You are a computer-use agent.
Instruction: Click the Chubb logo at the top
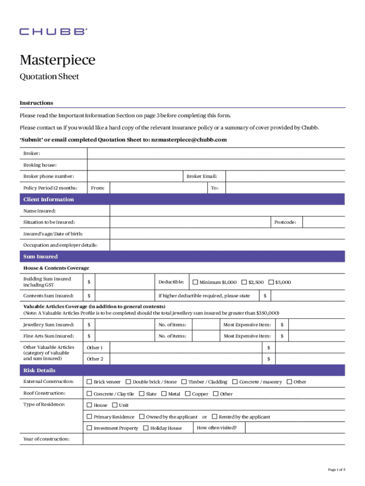pos(53,32)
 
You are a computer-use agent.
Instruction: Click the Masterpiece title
pos(57,60)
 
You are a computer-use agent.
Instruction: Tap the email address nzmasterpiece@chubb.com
pos(189,140)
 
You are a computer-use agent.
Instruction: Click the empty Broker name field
pos(216,153)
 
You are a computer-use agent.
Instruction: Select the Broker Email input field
pos(284,177)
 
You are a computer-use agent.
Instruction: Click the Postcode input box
pos(323,222)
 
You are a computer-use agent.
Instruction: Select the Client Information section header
pos(49,199)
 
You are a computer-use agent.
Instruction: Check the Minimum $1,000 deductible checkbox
pos(195,282)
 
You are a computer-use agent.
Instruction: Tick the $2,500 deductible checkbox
pos(244,282)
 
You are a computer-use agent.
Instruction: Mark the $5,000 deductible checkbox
pos(271,282)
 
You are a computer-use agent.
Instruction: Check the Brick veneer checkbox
pos(89,382)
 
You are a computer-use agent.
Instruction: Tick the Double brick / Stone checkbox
pos(128,382)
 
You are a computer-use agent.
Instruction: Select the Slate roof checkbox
pos(141,393)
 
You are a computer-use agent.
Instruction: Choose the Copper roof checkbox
pos(188,393)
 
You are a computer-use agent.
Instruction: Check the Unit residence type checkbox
pos(115,405)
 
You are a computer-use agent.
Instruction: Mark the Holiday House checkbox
pos(146,428)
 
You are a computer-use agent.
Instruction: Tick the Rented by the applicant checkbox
pos(214,417)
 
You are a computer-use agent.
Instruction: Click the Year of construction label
pos(46,439)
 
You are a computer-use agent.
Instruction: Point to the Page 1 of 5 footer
pos(337,469)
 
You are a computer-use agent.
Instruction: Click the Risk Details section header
pos(39,370)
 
